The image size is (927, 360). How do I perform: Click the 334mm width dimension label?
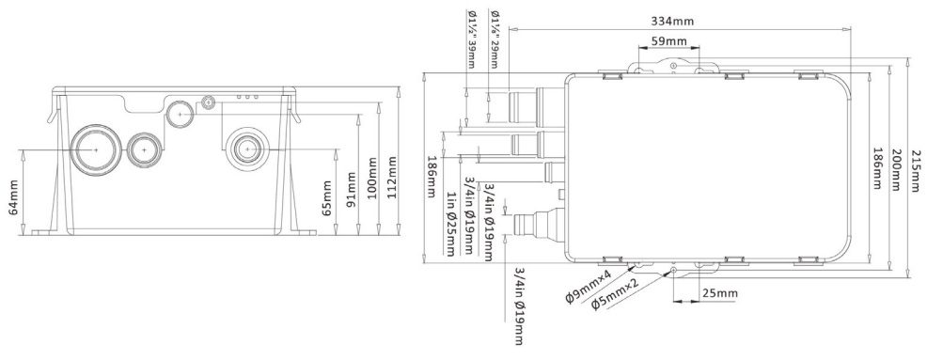(x=672, y=22)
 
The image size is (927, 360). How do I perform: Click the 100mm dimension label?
(x=371, y=179)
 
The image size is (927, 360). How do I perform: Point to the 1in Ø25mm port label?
(x=451, y=224)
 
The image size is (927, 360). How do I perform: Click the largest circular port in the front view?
(x=95, y=150)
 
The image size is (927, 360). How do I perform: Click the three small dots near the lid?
(x=247, y=97)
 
